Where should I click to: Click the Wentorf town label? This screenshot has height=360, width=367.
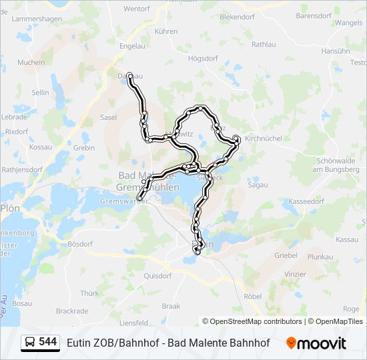[136, 9]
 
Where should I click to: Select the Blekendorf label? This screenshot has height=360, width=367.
[238, 15]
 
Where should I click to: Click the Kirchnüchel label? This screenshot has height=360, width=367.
[264, 138]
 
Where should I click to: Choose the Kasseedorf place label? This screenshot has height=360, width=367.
[306, 201]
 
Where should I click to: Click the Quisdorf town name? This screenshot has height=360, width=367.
[157, 275]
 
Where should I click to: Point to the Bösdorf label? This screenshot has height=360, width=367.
[79, 243]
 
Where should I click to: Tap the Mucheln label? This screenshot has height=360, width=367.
[31, 62]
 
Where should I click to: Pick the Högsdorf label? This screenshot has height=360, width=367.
[203, 58]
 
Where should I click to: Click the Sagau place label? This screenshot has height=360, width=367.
[258, 185]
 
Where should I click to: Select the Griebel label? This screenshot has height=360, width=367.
[286, 255]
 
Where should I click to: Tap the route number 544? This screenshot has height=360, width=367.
[48, 342]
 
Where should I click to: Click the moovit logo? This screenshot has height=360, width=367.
[316, 343]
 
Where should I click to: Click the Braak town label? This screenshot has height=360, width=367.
[171, 306]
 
